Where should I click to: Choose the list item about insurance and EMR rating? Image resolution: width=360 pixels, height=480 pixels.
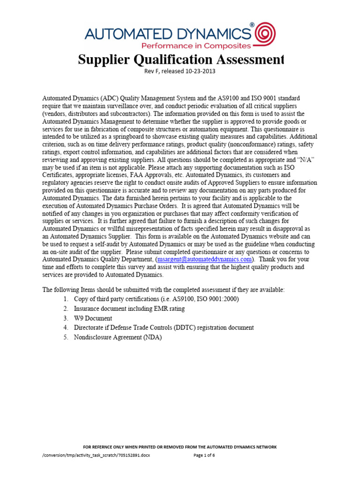pyautogui.click(x=129, y=308)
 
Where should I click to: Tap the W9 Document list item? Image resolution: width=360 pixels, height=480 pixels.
pyautogui.click(x=93, y=318)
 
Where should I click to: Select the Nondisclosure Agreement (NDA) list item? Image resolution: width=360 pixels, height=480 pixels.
pyautogui.click(x=118, y=337)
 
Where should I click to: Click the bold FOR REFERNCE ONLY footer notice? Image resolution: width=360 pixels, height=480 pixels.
pyautogui.click(x=180, y=447)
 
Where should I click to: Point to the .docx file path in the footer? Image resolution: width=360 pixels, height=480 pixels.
pyautogui.click(x=96, y=455)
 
